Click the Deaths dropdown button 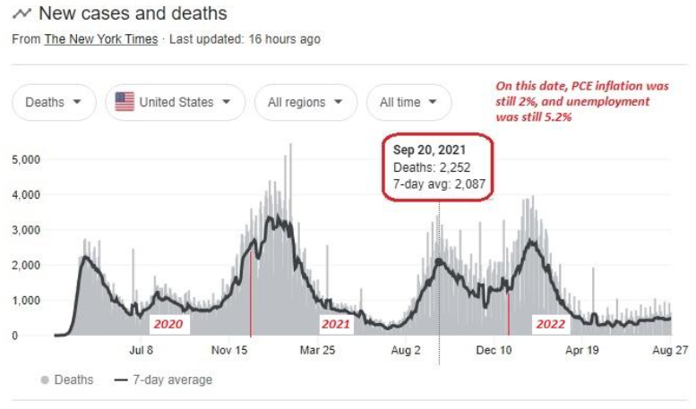[x=54, y=102]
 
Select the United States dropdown [x=175, y=102]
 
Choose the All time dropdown [x=408, y=102]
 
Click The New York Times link [x=101, y=38]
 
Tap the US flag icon [x=125, y=102]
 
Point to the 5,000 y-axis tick [x=27, y=159]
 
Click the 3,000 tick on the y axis [x=27, y=230]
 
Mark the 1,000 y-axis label [x=27, y=301]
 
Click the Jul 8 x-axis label [x=142, y=350]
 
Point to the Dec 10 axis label [x=493, y=350]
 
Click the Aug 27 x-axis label [x=669, y=350]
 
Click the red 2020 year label [x=168, y=324]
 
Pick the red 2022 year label [x=550, y=324]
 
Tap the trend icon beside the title [x=21, y=14]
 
